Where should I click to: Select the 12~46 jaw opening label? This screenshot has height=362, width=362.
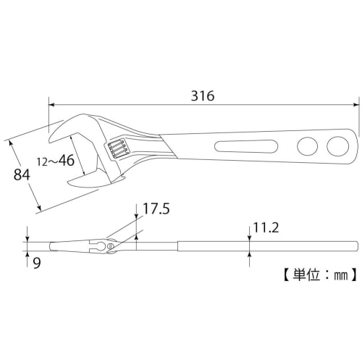(x=56, y=161)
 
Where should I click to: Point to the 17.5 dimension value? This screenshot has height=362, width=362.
(x=156, y=209)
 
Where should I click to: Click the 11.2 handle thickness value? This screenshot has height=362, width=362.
(x=265, y=229)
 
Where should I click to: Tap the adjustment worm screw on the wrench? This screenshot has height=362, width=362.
(x=118, y=150)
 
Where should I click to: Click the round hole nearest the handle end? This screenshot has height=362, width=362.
(x=337, y=146)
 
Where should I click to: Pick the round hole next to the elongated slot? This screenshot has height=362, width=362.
(x=307, y=147)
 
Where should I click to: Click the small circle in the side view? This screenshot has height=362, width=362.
(x=110, y=248)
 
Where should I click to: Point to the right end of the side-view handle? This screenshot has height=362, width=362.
(x=357, y=246)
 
